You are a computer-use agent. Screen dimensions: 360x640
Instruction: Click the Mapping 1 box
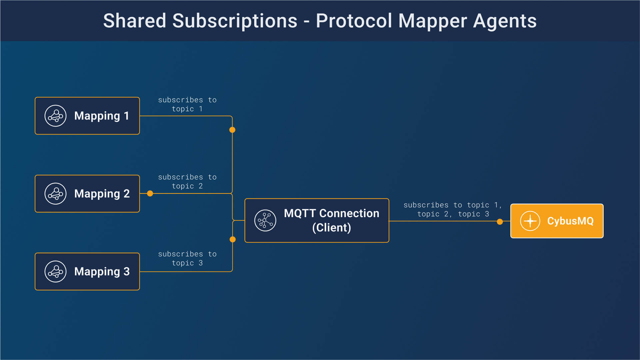point(87,116)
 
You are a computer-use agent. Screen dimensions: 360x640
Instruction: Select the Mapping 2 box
point(87,193)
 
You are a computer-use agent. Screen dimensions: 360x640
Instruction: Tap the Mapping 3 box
point(87,271)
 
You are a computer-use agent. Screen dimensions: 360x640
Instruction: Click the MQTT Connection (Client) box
point(317,220)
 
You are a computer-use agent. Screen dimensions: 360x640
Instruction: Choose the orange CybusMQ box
point(557,221)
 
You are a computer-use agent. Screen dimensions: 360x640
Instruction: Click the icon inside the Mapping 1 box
point(56,116)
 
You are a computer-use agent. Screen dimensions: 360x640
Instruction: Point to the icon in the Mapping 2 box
point(56,193)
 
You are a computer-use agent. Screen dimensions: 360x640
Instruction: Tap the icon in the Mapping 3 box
point(56,271)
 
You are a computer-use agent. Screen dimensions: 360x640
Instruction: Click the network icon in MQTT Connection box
point(265,220)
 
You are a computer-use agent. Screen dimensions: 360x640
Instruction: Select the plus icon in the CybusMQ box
point(530,221)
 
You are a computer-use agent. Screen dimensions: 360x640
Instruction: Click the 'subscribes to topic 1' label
point(187,104)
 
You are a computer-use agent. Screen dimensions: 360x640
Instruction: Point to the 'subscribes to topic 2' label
point(187,181)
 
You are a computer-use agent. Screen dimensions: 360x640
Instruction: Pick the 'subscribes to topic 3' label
point(187,258)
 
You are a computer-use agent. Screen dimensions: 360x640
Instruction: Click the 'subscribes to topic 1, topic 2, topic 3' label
point(453,209)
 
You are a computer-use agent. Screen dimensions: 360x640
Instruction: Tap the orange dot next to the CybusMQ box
point(500,222)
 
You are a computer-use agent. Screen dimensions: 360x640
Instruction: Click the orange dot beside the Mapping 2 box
point(150,193)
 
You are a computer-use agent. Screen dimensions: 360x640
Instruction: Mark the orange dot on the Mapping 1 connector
point(232,130)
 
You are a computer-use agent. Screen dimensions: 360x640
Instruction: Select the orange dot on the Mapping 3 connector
point(233,239)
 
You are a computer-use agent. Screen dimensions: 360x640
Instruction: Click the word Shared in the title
point(135,21)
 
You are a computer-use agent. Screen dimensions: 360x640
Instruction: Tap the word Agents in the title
point(505,21)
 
